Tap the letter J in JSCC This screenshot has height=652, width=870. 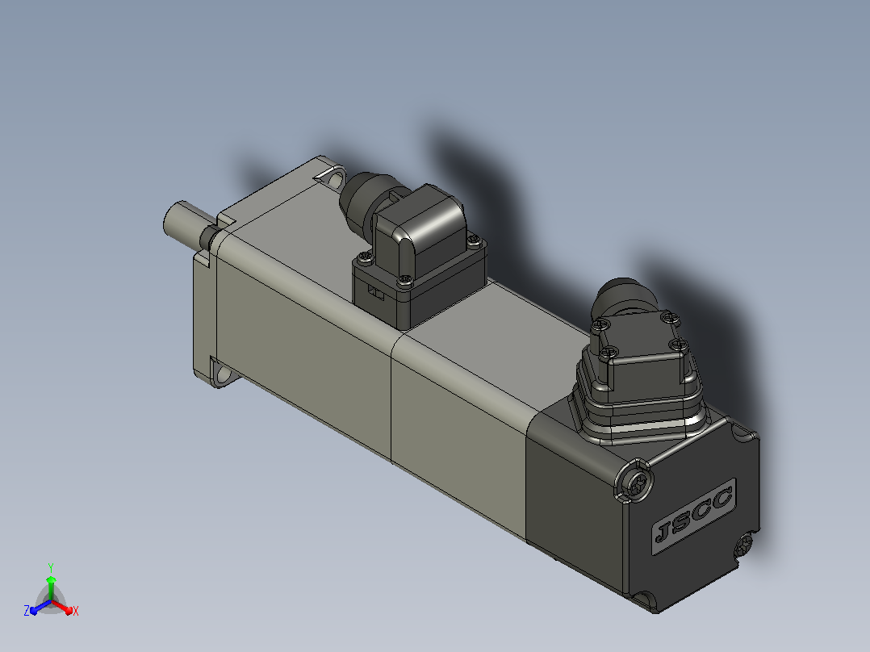coord(663,533)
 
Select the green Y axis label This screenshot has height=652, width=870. coord(51,568)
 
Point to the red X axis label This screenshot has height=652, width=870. coord(76,611)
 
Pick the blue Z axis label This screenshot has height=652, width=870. coord(27,610)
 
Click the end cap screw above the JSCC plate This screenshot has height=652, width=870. coord(634,482)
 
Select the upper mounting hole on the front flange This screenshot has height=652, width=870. coord(336,179)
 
